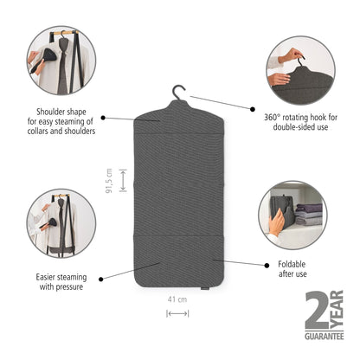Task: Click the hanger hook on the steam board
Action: point(180,91)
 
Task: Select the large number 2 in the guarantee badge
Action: point(317,309)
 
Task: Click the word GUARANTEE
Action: point(325,336)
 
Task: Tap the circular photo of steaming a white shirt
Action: point(61,222)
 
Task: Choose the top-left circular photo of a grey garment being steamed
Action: point(61,61)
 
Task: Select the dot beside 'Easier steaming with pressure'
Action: point(103,278)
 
